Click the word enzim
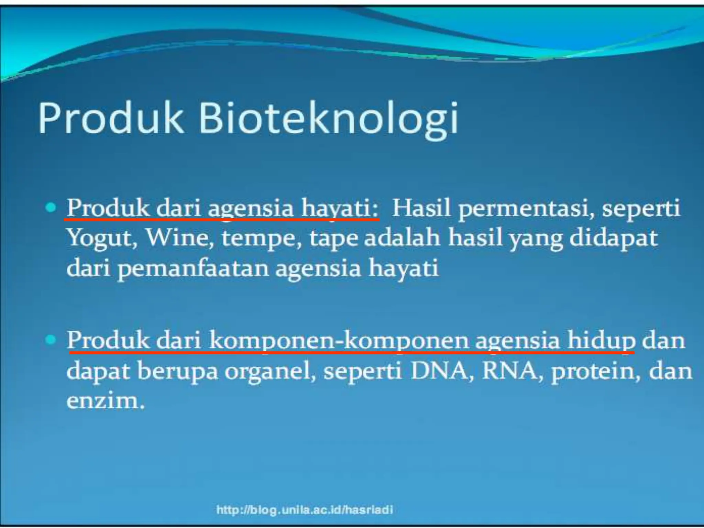tap(105, 401)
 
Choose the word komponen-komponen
tap(339, 341)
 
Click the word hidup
tap(601, 341)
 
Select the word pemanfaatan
tap(193, 268)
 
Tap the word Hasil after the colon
tap(421, 208)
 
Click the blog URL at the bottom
tap(305, 509)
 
